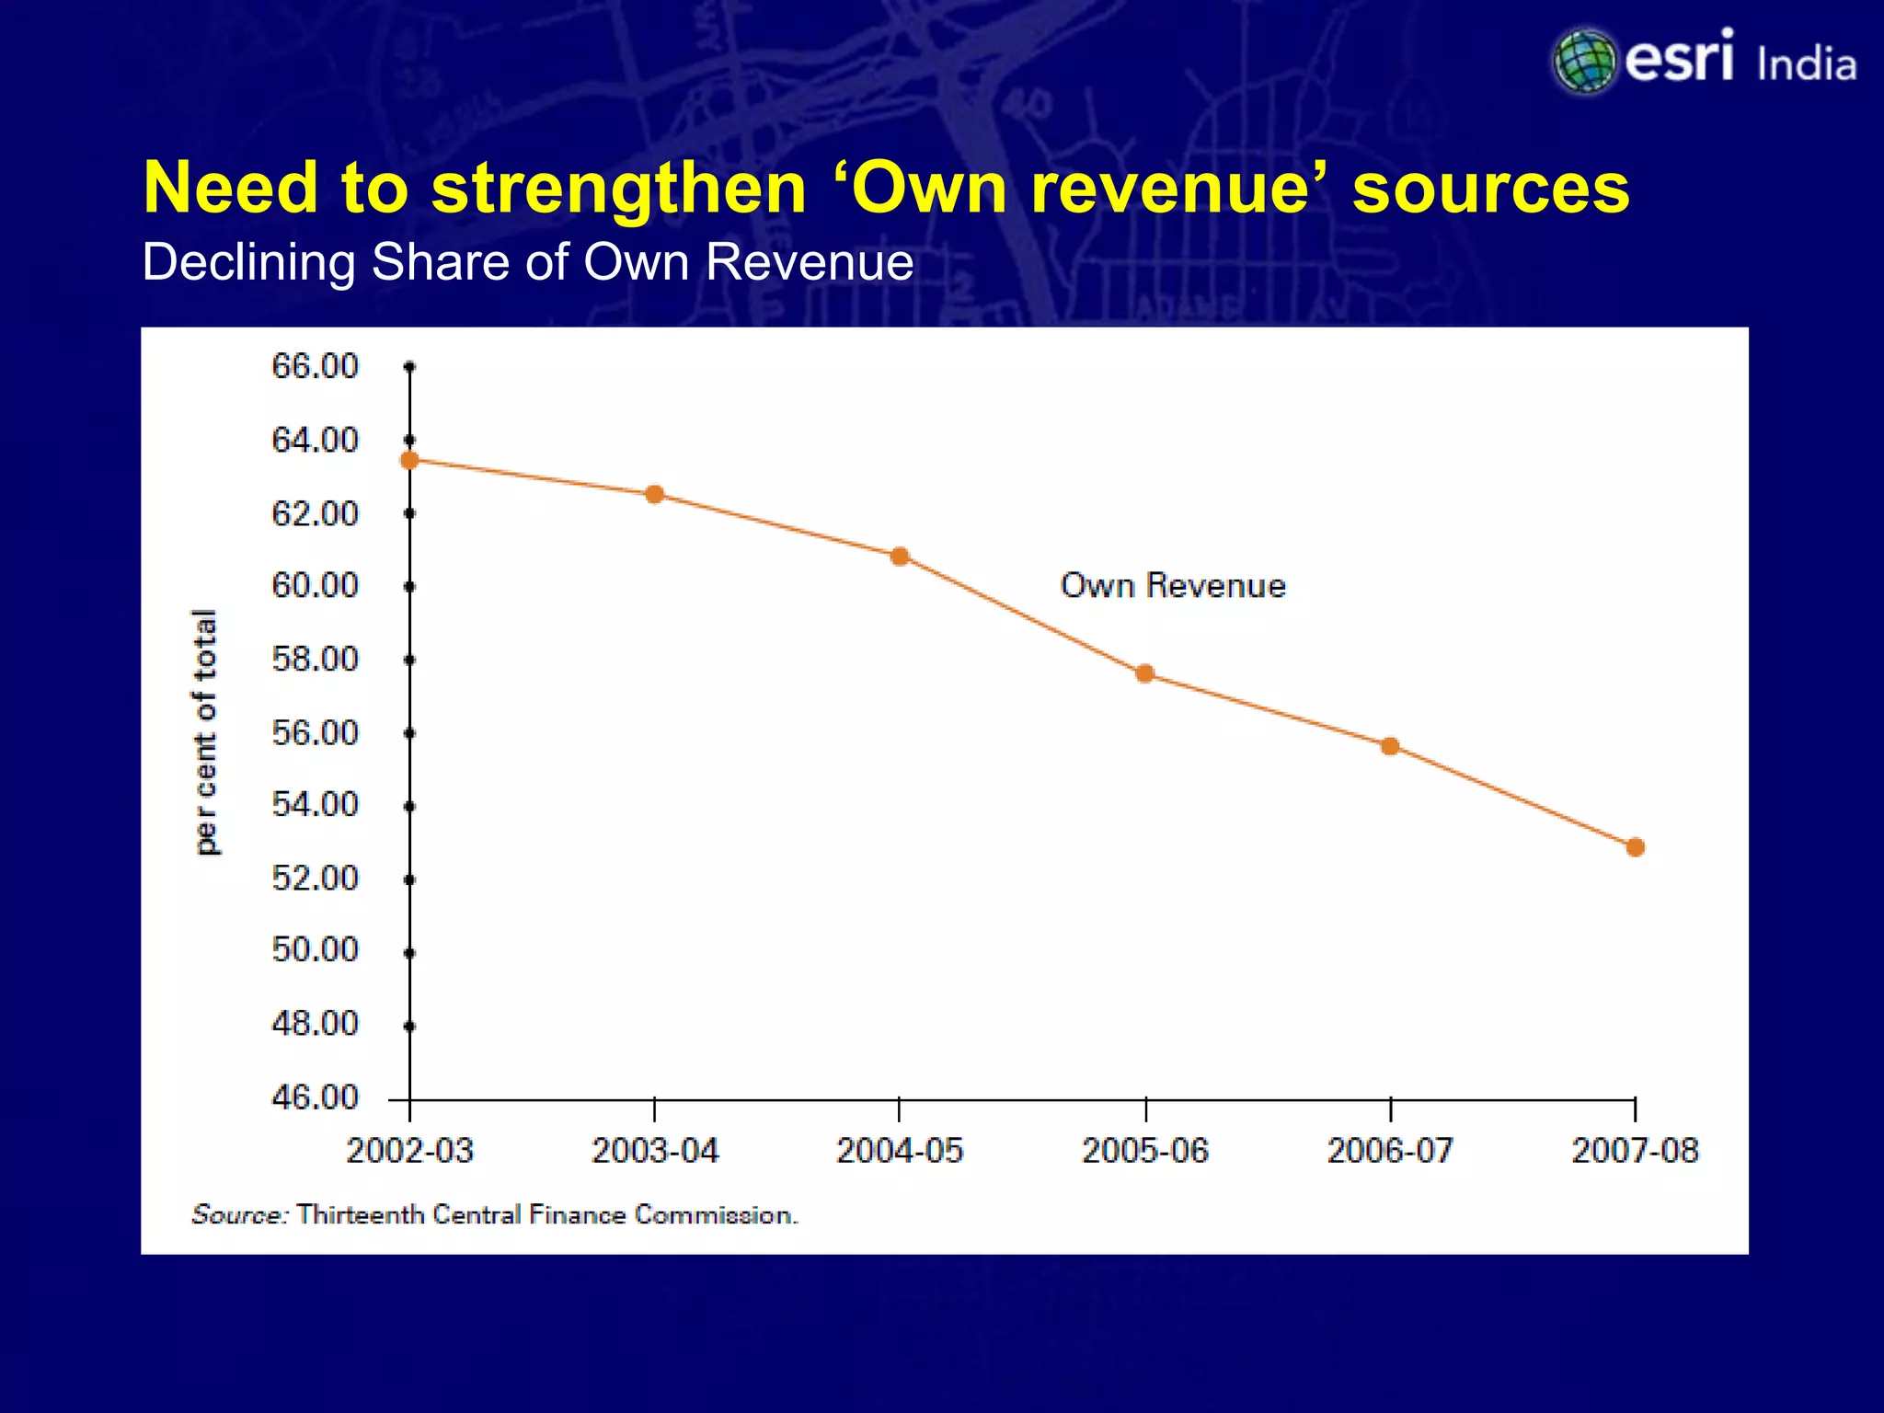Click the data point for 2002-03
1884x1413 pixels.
click(x=410, y=460)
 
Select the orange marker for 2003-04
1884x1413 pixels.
click(x=654, y=495)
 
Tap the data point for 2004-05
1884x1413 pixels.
click(x=900, y=557)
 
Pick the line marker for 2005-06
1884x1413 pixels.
click(x=1145, y=673)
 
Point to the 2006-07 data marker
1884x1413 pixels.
click(x=1390, y=746)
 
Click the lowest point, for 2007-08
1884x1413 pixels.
click(x=1635, y=847)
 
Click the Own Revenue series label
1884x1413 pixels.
click(x=1172, y=586)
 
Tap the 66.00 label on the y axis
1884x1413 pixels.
click(x=315, y=366)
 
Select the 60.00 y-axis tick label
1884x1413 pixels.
click(x=315, y=585)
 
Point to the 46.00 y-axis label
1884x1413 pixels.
click(x=315, y=1097)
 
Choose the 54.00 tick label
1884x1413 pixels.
click(x=315, y=805)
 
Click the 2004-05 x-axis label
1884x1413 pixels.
click(x=899, y=1151)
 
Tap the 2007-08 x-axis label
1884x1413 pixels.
click(x=1635, y=1151)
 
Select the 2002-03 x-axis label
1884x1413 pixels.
click(x=410, y=1151)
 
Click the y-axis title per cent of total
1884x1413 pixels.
click(x=206, y=732)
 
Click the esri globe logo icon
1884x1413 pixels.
click(x=1584, y=62)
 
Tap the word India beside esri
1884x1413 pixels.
click(x=1806, y=65)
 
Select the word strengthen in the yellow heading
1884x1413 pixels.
click(x=618, y=189)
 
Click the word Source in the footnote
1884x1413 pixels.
click(x=239, y=1215)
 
